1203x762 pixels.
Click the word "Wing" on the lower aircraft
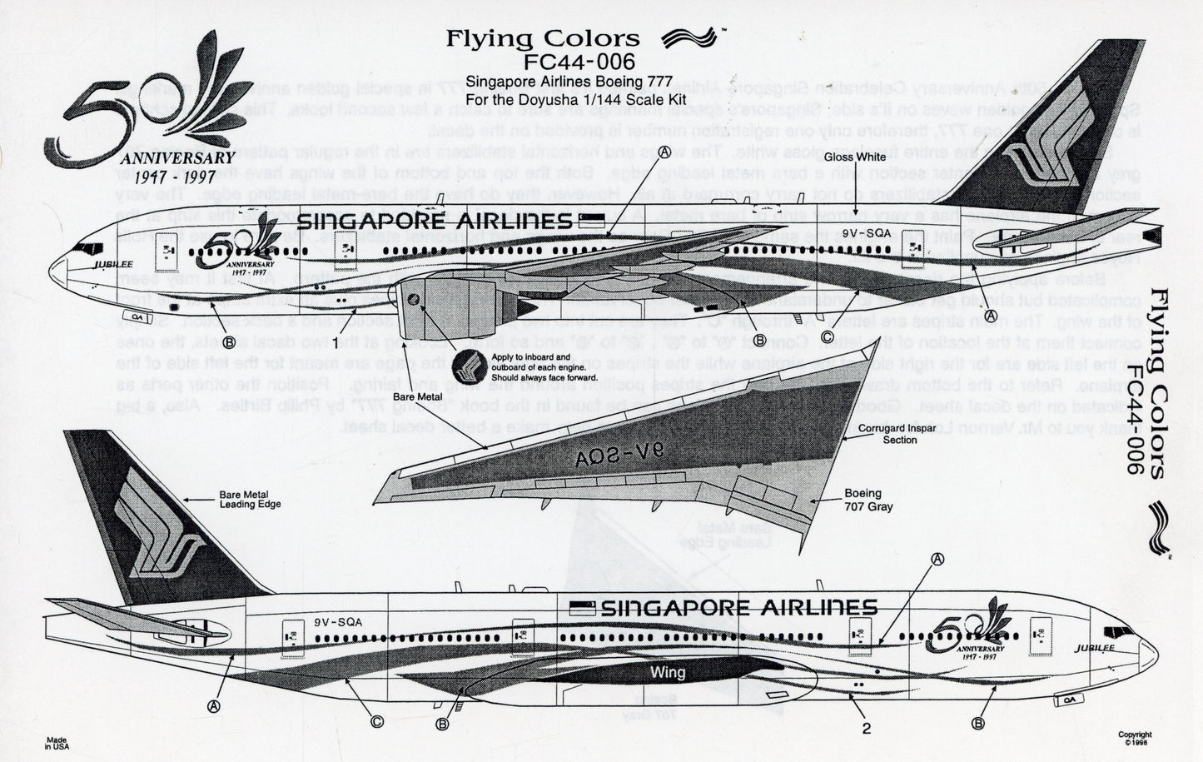click(x=670, y=672)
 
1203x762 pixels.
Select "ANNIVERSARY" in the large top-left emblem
click(x=176, y=158)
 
